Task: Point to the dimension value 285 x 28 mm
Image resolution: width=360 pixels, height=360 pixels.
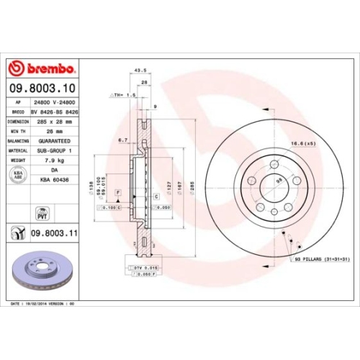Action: [x=55, y=122]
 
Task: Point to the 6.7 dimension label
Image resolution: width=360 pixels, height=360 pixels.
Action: [x=122, y=140]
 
